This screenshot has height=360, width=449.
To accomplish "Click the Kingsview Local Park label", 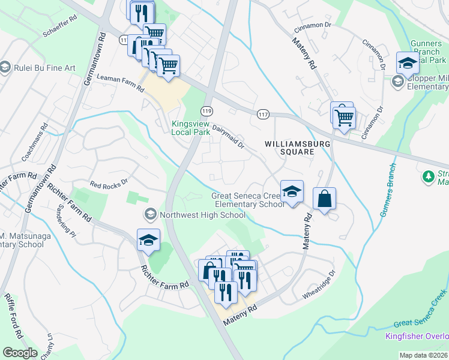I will tap(189, 128).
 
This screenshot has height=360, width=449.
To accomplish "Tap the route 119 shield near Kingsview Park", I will tap(207, 111).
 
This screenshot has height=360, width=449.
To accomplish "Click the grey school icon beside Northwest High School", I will tap(149, 214).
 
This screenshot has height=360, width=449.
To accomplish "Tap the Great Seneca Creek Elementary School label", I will tap(248, 200).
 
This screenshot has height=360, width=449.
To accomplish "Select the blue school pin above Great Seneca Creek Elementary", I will tap(292, 192).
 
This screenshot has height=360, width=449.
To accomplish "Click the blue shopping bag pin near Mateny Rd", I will tap(324, 200).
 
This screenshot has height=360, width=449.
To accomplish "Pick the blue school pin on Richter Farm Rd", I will tap(148, 241).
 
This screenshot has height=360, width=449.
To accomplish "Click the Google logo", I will tap(20, 352).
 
